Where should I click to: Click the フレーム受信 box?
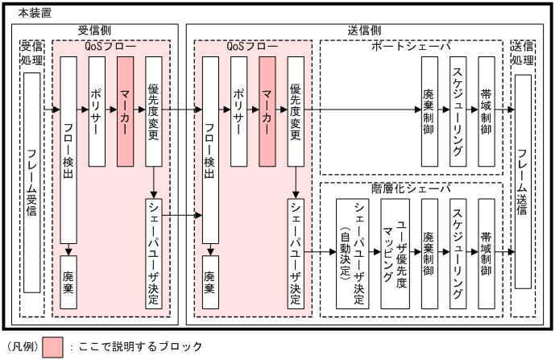click(32, 183)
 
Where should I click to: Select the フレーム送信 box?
click(523, 182)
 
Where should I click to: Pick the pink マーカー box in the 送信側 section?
click(268, 111)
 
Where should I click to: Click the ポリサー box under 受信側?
click(97, 111)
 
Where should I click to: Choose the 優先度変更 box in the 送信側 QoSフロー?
click(296, 111)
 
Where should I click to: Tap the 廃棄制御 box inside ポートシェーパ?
click(429, 111)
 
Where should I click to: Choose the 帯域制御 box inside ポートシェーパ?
click(486, 111)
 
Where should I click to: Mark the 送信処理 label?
click(524, 53)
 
